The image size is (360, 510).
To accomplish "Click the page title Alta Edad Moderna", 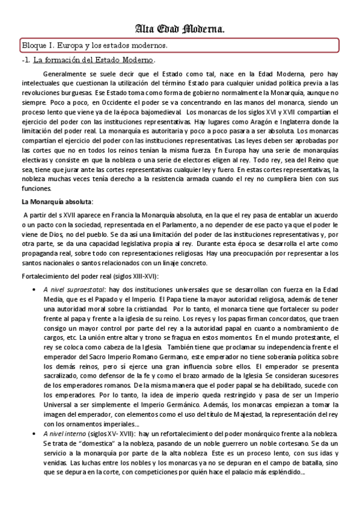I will pyautogui.click(x=180, y=29).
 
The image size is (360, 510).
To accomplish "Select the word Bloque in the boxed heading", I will pyautogui.click(x=35, y=46).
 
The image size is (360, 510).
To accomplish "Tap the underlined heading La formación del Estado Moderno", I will pyautogui.click(x=94, y=60).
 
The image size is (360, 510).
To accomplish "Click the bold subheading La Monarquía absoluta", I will pyautogui.click(x=57, y=201).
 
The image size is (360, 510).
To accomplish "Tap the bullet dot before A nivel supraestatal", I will pyautogui.click(x=33, y=289).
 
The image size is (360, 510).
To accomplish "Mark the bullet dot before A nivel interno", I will pyautogui.click(x=33, y=434).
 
